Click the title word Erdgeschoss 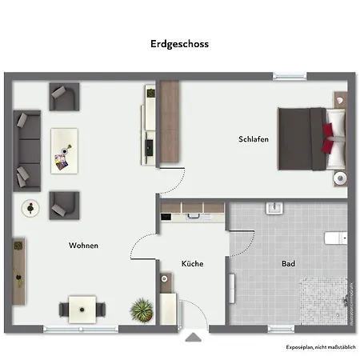179,44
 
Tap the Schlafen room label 253,139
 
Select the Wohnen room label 83,246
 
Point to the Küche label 192,263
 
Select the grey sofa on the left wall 26,149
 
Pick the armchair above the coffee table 63,97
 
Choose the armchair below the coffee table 63,205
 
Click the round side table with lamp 30,208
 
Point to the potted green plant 142,308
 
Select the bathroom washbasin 274,208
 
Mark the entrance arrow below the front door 191,338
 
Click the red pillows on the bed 328,137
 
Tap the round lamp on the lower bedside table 341,178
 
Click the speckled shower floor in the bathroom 323,301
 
